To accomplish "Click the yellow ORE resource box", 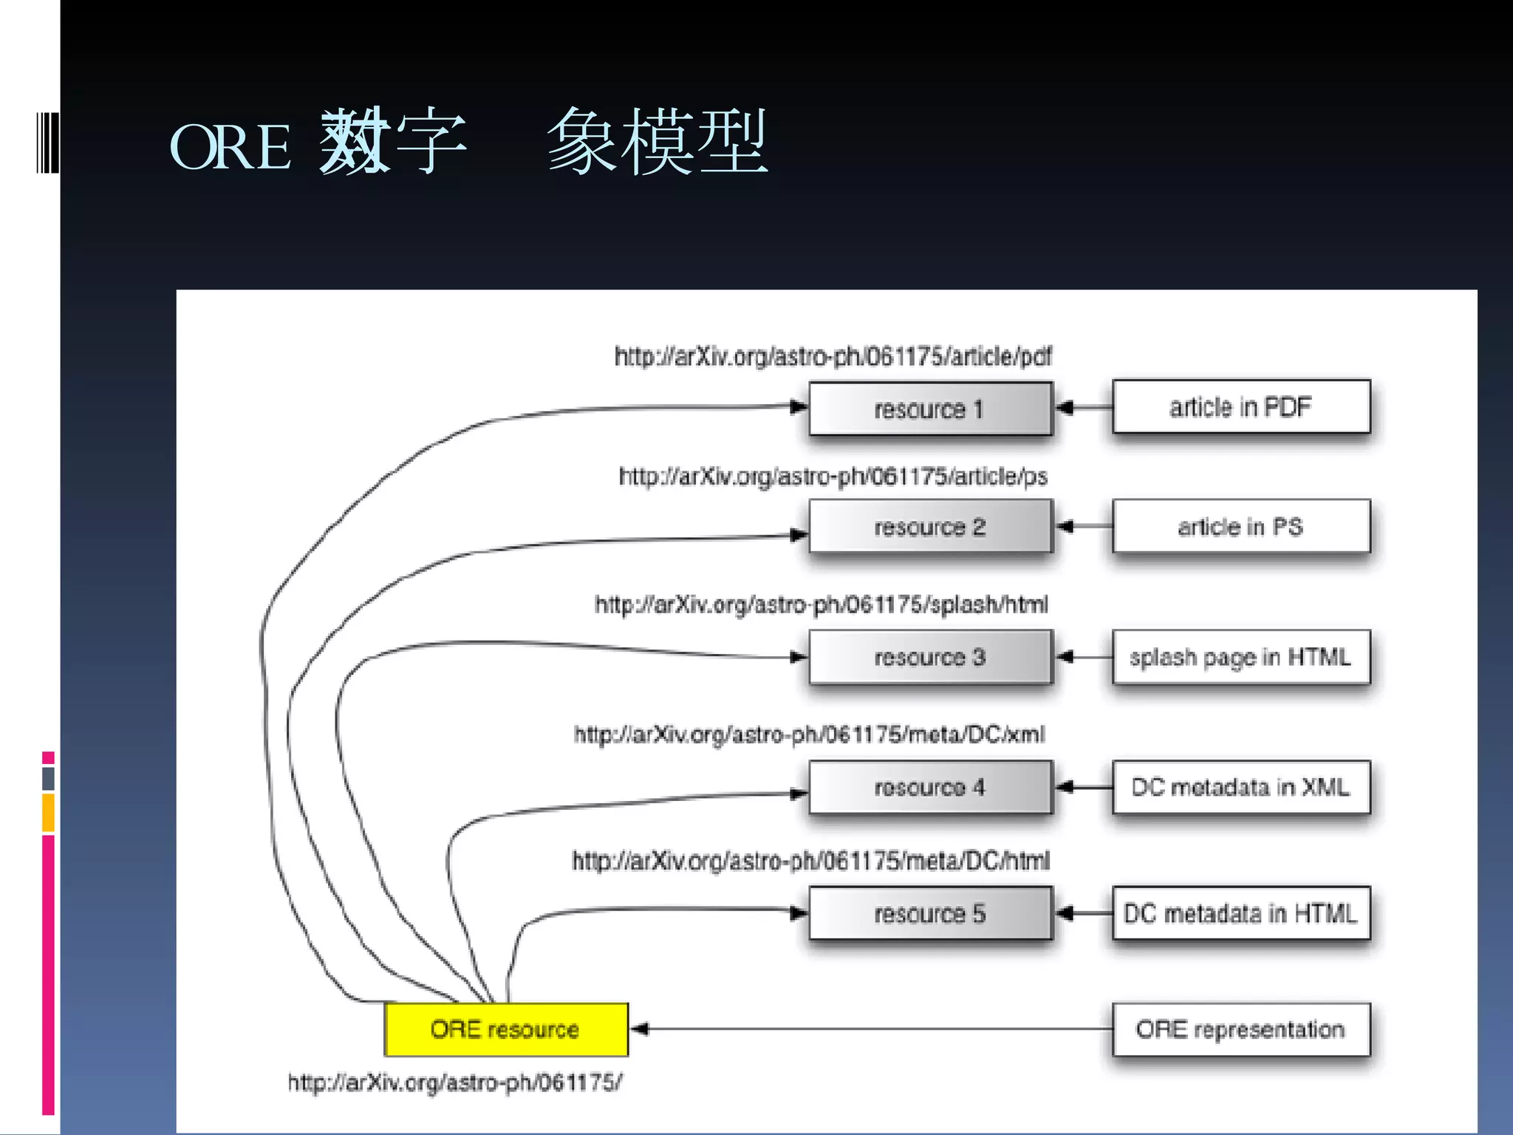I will point(506,1029).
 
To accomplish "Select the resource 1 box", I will point(930,409).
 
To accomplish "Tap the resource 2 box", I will point(930,527).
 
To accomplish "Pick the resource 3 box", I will point(930,657).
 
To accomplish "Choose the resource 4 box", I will point(930,788).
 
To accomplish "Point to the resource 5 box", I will point(930,914).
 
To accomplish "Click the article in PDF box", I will point(1240,407).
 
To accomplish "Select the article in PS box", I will point(1240,527).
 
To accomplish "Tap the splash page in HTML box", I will point(1240,657).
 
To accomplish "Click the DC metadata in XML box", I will point(1240,788).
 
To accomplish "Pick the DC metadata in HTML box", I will point(1240,914).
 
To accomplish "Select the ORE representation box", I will point(1240,1029).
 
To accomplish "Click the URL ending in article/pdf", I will point(833,357).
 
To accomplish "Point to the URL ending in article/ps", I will point(833,477).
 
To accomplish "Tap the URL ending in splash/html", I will point(821,605).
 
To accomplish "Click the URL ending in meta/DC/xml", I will point(809,734).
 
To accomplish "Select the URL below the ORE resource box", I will point(454,1083).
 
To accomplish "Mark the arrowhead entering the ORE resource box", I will point(640,1029).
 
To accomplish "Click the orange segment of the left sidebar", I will point(48,812).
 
